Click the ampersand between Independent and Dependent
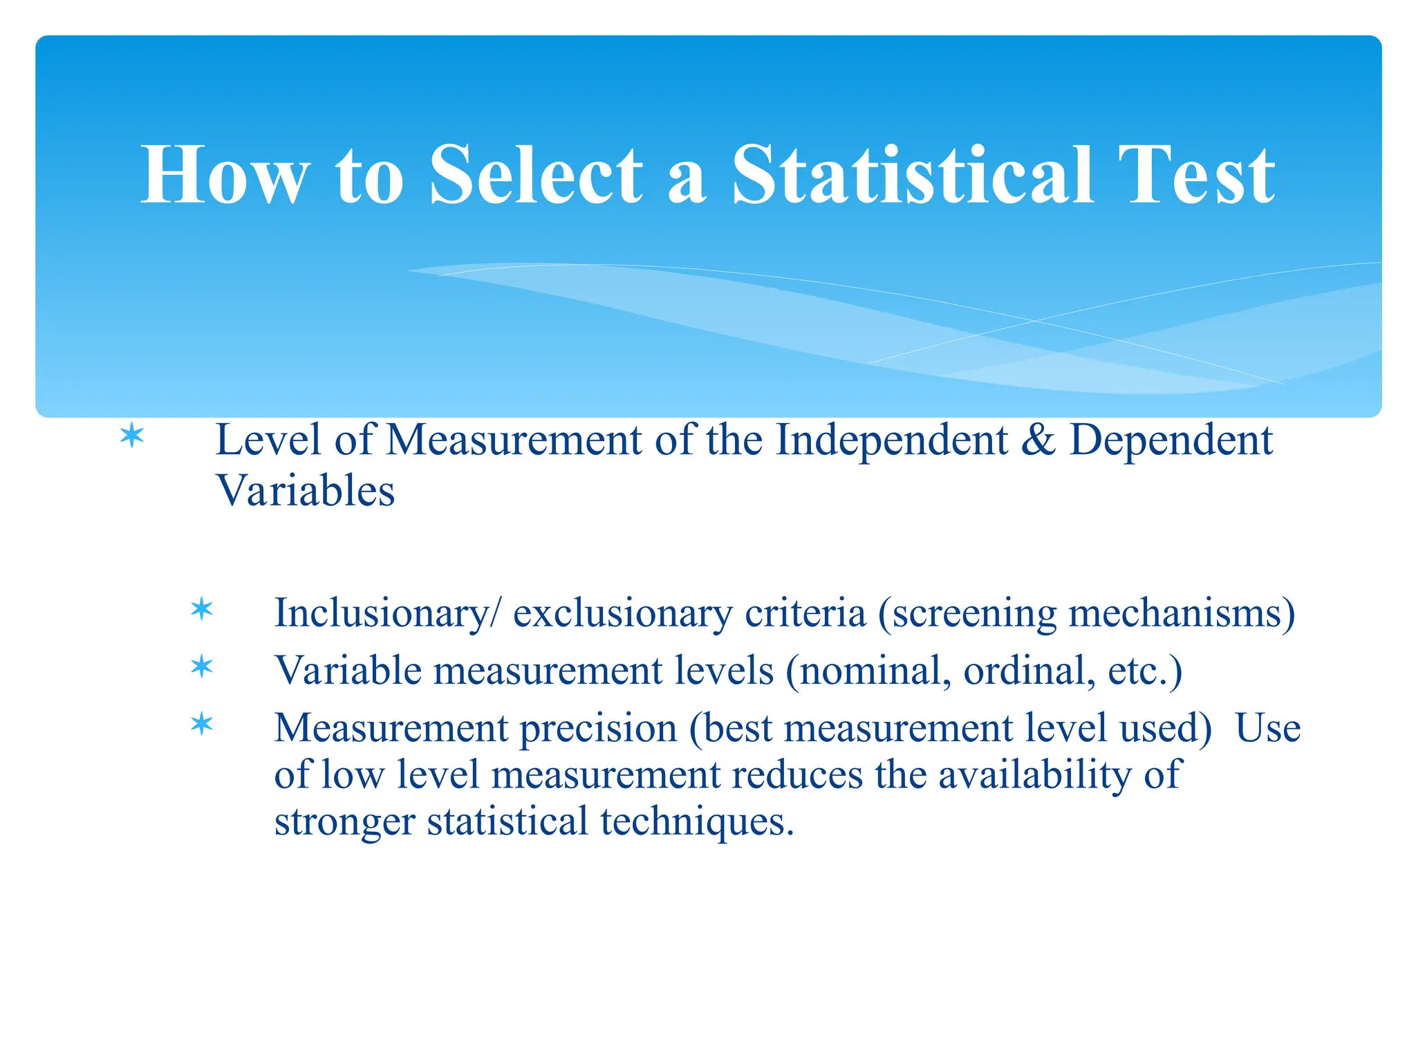(1038, 440)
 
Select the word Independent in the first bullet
(891, 440)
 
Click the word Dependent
(1171, 440)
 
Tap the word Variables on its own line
(305, 491)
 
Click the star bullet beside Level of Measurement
(131, 437)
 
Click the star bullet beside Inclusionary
(201, 609)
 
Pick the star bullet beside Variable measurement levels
(201, 667)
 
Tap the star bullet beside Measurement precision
(201, 725)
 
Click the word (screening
(967, 613)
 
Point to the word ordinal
(1029, 671)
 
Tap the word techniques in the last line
(697, 821)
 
